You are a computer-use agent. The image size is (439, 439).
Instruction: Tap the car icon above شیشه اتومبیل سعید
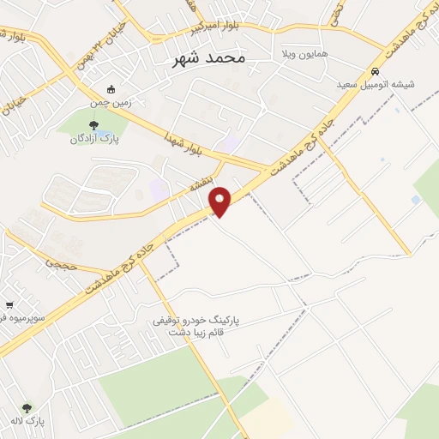pyautogui.click(x=375, y=70)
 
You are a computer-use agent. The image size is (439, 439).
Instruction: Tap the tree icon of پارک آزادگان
pyautogui.click(x=93, y=125)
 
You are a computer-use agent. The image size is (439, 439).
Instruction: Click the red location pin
pyautogui.click(x=221, y=201)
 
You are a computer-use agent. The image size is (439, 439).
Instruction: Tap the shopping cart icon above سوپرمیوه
pyautogui.click(x=9, y=304)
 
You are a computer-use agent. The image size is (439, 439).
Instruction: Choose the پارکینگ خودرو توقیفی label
pyautogui.click(x=196, y=319)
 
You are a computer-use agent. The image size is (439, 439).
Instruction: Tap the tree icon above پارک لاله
pyautogui.click(x=27, y=408)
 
